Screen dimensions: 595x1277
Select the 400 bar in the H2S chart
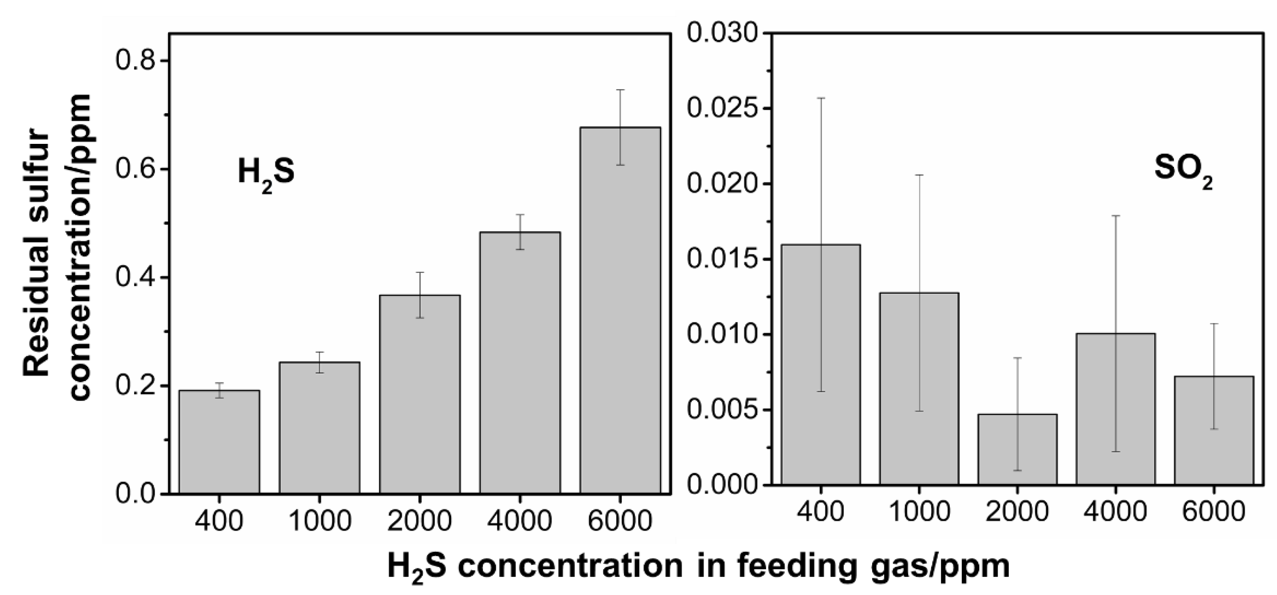(219, 441)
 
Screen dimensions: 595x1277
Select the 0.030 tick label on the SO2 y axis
(722, 34)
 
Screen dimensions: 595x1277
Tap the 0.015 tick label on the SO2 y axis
(722, 259)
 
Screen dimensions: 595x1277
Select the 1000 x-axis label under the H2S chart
(319, 521)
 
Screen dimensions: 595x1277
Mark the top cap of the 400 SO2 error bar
(821, 98)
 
